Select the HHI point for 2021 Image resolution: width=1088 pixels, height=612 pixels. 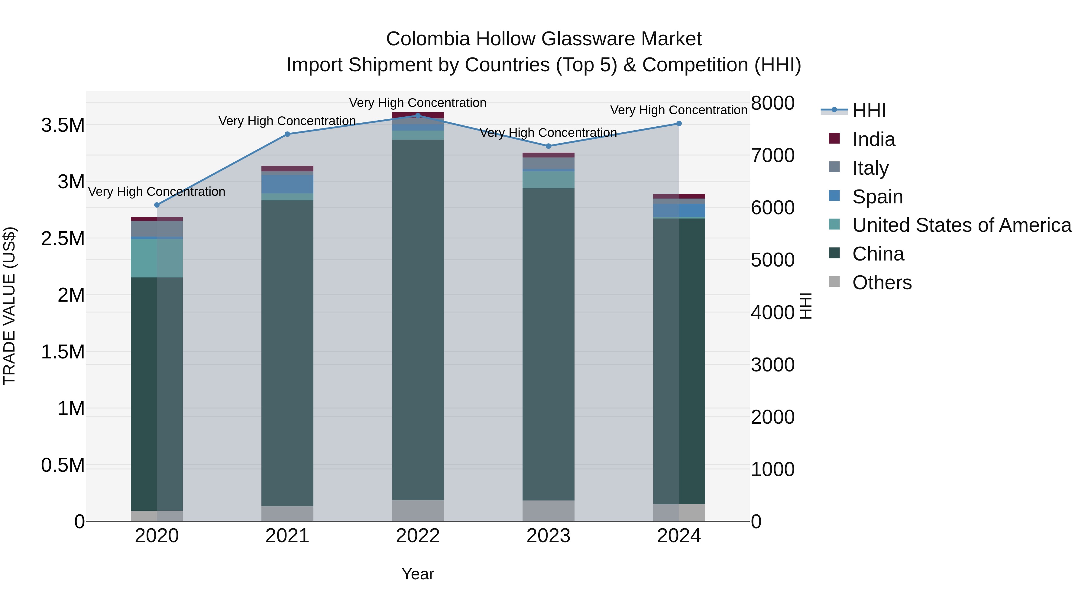coord(287,134)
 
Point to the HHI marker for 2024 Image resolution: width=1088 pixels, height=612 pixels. coord(679,124)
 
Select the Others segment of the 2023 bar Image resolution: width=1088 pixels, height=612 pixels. coord(548,511)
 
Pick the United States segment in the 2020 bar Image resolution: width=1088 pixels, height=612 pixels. coord(157,258)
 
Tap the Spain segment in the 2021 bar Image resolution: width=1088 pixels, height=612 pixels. coord(287,184)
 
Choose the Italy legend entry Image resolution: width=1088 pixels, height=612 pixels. coord(870,168)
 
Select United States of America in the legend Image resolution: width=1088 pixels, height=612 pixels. coord(961,225)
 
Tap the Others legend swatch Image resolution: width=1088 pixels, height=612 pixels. coord(834,282)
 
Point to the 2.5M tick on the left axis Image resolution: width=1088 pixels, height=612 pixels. coord(63,239)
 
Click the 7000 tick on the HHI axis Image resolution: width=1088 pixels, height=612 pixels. coord(772,155)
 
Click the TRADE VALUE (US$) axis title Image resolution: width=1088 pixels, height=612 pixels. coord(9,306)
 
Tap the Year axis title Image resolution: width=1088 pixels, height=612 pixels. coord(418,574)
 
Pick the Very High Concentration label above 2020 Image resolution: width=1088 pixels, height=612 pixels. coord(157,192)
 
